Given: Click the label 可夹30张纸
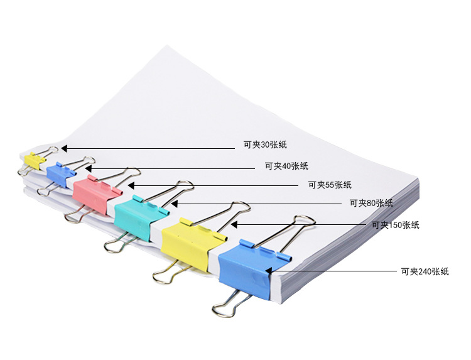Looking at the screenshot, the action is click(x=265, y=145).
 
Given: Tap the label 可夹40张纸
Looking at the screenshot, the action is click(x=286, y=166).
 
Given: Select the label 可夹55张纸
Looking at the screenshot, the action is click(x=330, y=185).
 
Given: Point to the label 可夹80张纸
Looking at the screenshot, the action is click(x=371, y=203).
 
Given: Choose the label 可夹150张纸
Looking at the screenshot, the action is click(x=395, y=225).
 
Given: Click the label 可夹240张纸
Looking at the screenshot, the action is click(x=425, y=271).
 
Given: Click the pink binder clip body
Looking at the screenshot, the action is click(x=95, y=194).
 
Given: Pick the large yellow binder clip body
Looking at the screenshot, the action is click(x=192, y=243).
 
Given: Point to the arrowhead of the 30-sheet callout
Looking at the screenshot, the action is click(x=64, y=148).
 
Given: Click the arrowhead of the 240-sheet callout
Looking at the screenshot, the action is click(x=269, y=271).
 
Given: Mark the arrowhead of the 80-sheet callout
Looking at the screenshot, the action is click(x=175, y=204).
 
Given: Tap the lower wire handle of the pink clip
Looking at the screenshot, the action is click(x=77, y=215).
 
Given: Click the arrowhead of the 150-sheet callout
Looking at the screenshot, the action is click(x=234, y=224).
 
